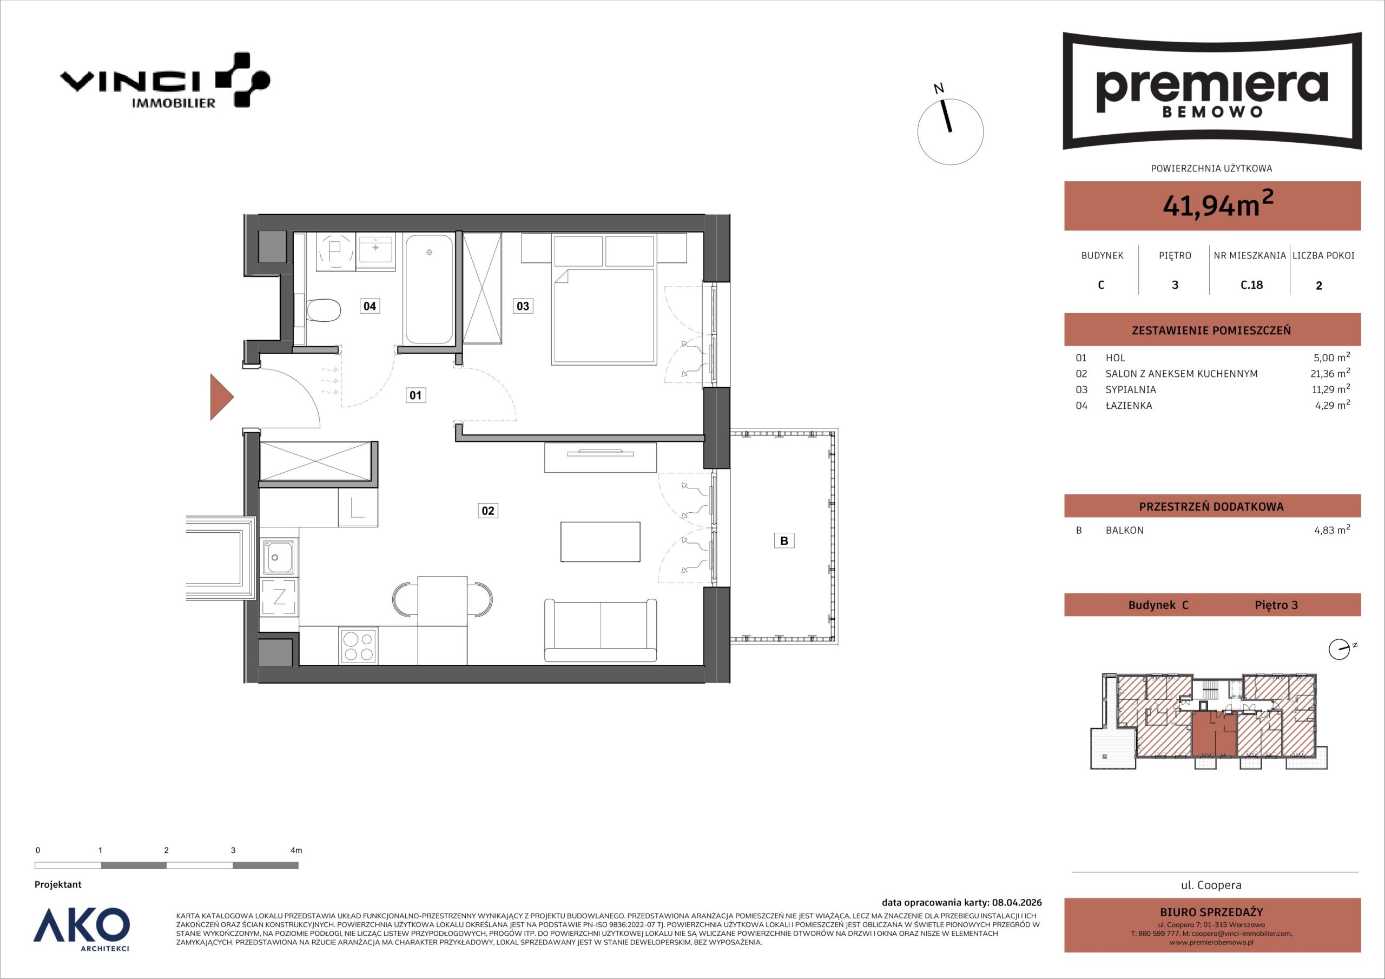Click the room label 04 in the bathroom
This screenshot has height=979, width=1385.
pyautogui.click(x=370, y=306)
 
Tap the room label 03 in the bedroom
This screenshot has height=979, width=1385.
pyautogui.click(x=523, y=306)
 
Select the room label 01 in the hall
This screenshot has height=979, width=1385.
pyautogui.click(x=415, y=395)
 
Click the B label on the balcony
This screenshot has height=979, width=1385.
pyautogui.click(x=784, y=540)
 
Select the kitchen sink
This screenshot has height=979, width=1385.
pyautogui.click(x=279, y=556)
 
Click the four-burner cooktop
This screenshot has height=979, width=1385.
pyautogui.click(x=358, y=646)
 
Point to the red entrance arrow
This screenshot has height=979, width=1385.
pyautogui.click(x=221, y=397)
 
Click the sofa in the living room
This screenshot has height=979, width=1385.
pyautogui.click(x=600, y=630)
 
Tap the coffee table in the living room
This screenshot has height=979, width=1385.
pyautogui.click(x=600, y=541)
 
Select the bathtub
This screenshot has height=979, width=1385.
pyautogui.click(x=429, y=290)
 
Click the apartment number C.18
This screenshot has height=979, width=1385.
pyautogui.click(x=1252, y=285)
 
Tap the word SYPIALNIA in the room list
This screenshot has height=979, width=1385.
pyautogui.click(x=1130, y=389)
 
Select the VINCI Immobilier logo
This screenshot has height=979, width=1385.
pyautogui.click(x=164, y=80)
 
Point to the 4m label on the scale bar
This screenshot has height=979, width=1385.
pyautogui.click(x=296, y=850)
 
